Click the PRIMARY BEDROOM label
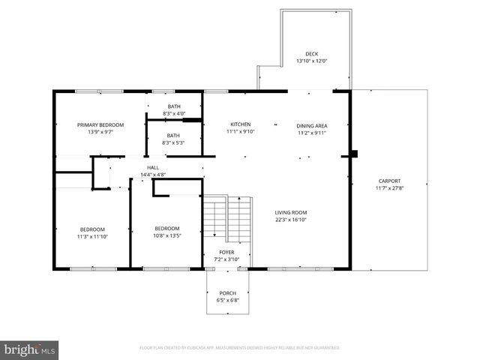click(100, 124)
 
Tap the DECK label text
click(311, 54)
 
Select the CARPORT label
click(389, 181)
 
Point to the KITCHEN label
click(240, 124)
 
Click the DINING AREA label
click(312, 125)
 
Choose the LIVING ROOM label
click(290, 213)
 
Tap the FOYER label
click(226, 252)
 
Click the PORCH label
click(227, 293)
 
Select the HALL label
click(152, 167)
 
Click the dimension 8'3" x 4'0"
click(174, 113)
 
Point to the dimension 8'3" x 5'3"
click(174, 142)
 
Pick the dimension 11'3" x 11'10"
click(93, 236)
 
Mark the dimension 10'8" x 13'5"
click(167, 236)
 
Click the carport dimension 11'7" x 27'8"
click(389, 187)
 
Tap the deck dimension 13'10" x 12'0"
click(311, 61)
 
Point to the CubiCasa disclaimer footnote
click(239, 348)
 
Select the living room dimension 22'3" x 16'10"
click(290, 220)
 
